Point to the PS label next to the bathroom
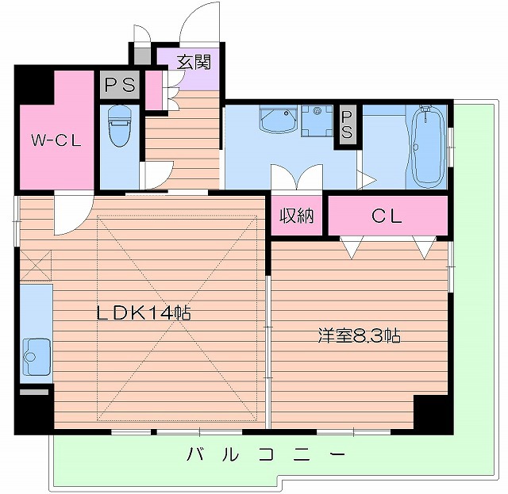coord(346,124)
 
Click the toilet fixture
coord(119,127)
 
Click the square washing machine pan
coord(320,121)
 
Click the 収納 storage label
coord(297,216)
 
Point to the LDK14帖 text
coord(144,313)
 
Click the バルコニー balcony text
coord(267,455)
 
